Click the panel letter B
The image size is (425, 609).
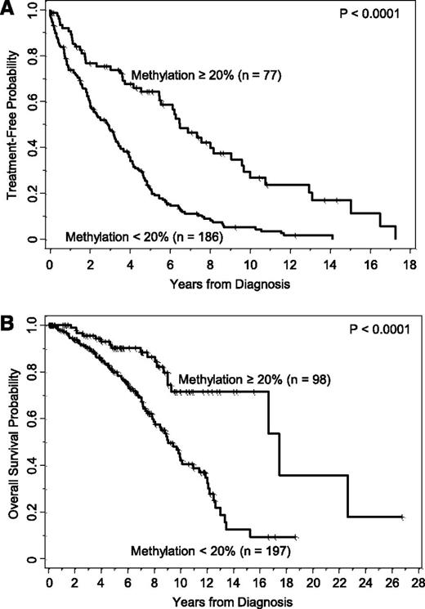[9, 313]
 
